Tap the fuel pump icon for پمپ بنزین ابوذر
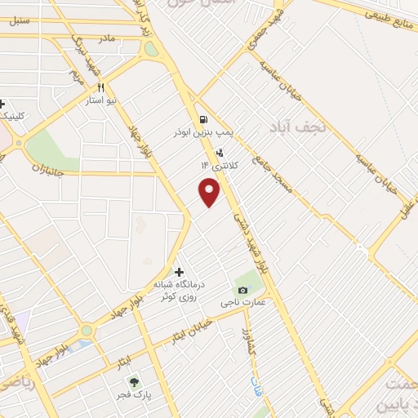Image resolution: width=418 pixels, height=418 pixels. pyautogui.click(x=202, y=118)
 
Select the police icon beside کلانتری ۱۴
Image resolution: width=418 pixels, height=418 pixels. pyautogui.click(x=219, y=153)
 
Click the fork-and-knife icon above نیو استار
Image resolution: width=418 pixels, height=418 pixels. pyautogui.click(x=101, y=87)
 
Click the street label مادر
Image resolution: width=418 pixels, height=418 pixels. pyautogui.click(x=106, y=38)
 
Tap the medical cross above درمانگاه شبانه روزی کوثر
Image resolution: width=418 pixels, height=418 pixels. pyautogui.click(x=179, y=272)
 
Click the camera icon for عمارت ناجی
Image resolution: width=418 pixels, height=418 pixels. pyautogui.click(x=242, y=291)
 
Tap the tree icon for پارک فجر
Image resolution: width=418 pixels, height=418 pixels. pyautogui.click(x=132, y=381)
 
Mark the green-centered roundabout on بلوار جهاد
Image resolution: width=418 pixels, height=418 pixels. pyautogui.click(x=86, y=331)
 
